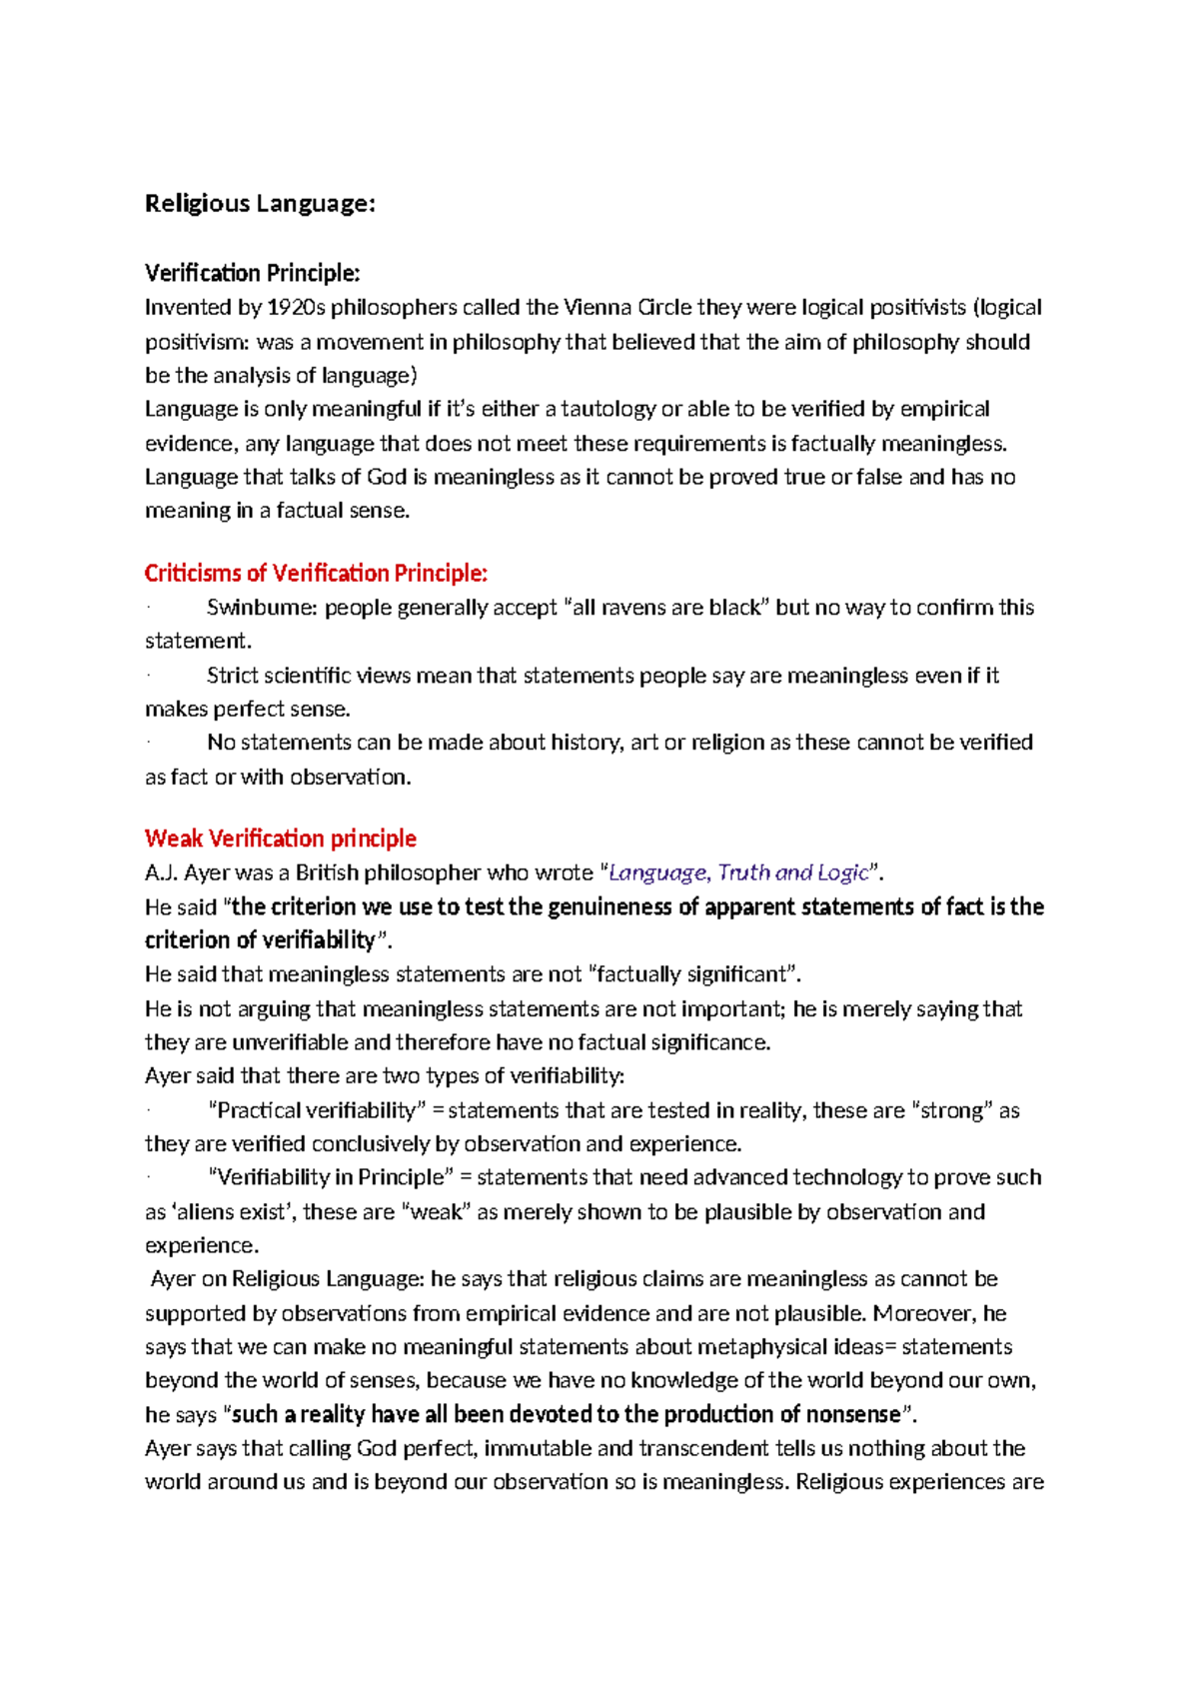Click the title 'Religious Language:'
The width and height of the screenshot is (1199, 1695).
click(260, 204)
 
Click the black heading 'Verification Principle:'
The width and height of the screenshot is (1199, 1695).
click(252, 273)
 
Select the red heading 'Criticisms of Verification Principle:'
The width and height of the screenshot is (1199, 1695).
click(316, 574)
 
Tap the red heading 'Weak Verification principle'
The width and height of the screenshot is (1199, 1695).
click(280, 839)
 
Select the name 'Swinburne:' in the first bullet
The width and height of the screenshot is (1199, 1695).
click(262, 608)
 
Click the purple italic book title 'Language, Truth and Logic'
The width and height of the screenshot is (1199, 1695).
click(739, 872)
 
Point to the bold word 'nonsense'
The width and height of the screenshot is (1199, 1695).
click(853, 1414)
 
